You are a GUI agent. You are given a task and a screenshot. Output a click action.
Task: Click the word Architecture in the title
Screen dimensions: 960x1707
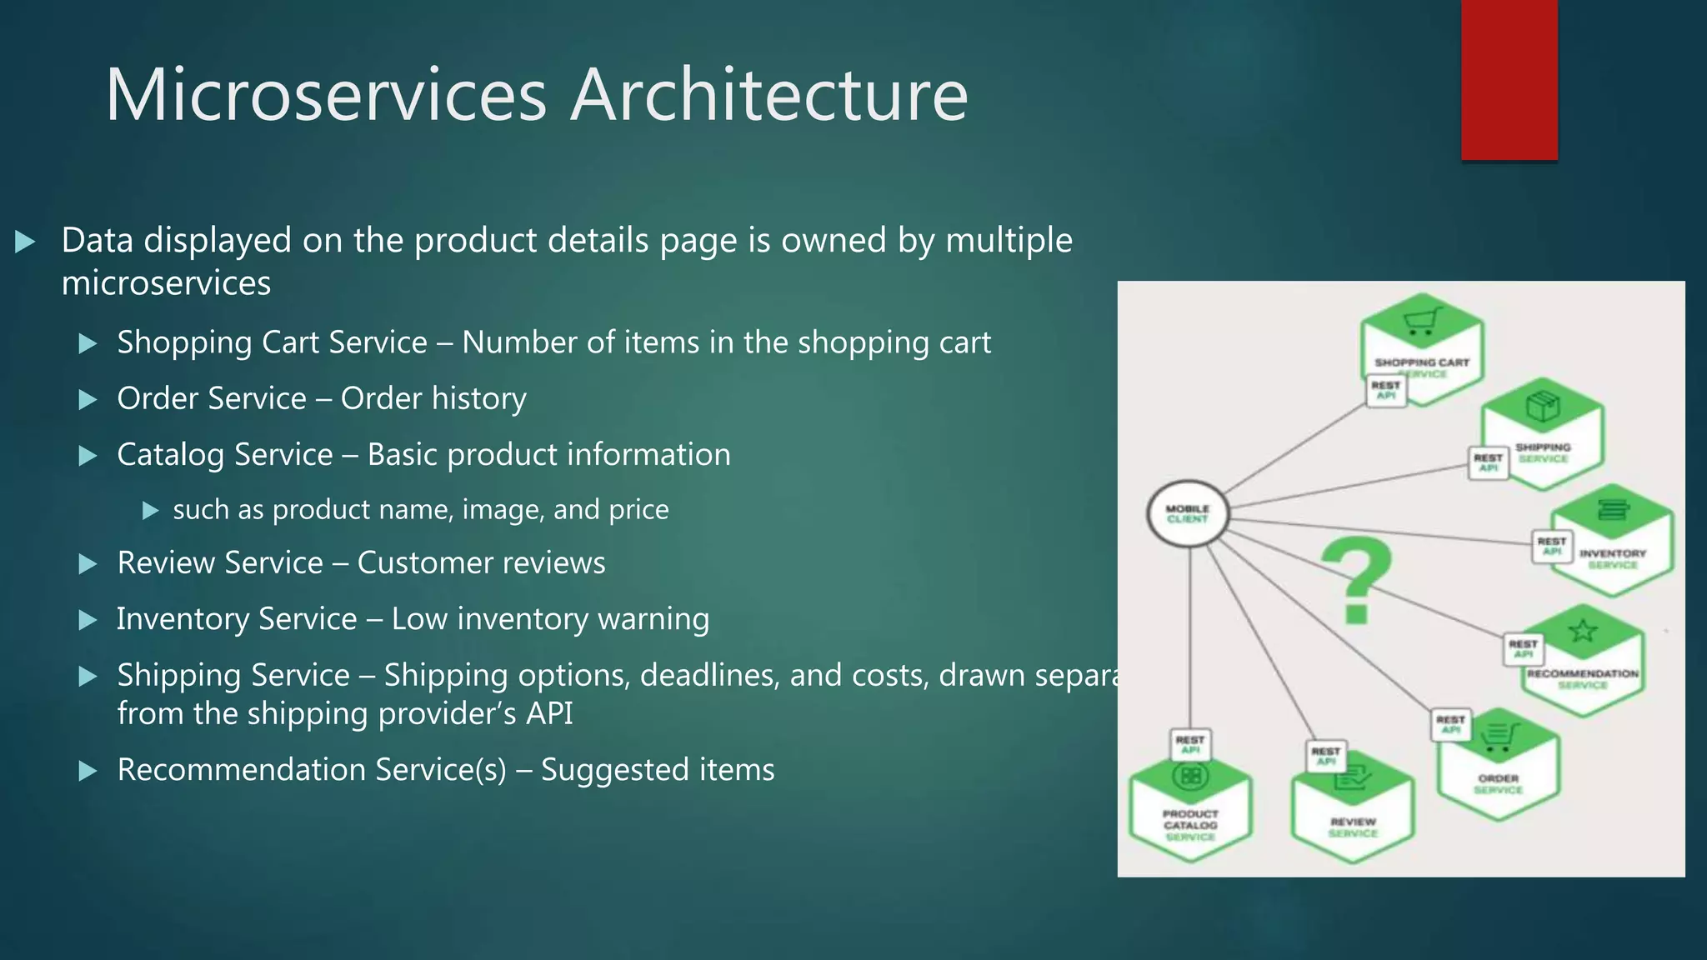pyautogui.click(x=768, y=95)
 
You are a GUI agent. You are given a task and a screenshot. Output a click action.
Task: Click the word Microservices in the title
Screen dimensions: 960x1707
pyautogui.click(x=326, y=95)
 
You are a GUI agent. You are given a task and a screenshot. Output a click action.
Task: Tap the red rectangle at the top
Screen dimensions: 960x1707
pyautogui.click(x=1509, y=79)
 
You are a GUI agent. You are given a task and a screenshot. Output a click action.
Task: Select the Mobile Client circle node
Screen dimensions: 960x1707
pyautogui.click(x=1188, y=513)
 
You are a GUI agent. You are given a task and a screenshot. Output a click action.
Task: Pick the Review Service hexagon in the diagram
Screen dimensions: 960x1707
pyautogui.click(x=1353, y=808)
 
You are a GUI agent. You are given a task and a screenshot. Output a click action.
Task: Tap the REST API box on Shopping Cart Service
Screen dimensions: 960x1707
pyautogui.click(x=1386, y=390)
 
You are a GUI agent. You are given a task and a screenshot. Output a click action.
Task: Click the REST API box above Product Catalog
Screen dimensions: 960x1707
pyautogui.click(x=1189, y=744)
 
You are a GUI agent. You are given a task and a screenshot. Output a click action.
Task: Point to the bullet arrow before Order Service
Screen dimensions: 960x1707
pyautogui.click(x=88, y=400)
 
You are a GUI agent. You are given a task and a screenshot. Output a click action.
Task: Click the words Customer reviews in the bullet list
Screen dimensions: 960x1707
pyautogui.click(x=481, y=563)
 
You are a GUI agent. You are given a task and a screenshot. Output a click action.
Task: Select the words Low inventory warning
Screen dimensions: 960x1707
pyautogui.click(x=550, y=619)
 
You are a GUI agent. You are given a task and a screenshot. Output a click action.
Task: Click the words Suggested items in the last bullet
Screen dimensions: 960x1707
pyautogui.click(x=658, y=770)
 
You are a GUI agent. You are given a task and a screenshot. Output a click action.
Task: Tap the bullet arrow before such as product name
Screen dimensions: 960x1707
pyautogui.click(x=151, y=510)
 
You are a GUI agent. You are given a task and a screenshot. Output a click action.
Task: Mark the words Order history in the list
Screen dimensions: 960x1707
pyautogui.click(x=433, y=399)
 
